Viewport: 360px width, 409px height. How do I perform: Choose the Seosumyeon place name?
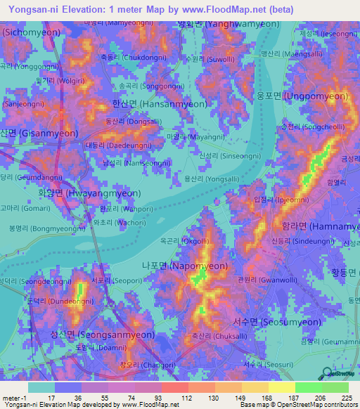click(279, 322)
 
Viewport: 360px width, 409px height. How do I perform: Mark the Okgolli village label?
click(185, 240)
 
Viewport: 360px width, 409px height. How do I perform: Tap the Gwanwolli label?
click(255, 280)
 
